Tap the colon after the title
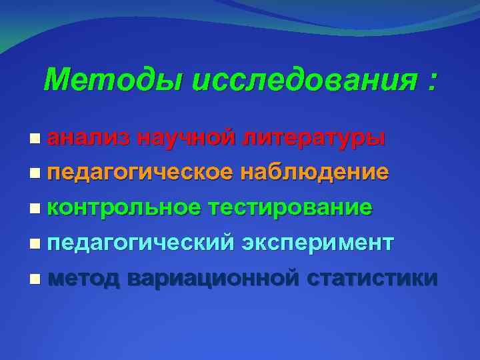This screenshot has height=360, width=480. coord(433,83)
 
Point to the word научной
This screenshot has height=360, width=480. coord(186,138)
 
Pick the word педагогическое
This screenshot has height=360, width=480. coord(140,173)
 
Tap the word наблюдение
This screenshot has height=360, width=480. coord(314,173)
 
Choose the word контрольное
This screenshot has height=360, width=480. coord(124,207)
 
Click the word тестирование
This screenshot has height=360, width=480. coord(290,207)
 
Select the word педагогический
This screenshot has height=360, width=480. coord(140,243)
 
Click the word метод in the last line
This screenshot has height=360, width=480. coord(83,277)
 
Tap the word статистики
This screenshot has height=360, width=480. coord(373,277)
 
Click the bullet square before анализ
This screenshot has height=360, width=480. coord(35,139)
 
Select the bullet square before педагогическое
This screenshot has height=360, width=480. coord(35,173)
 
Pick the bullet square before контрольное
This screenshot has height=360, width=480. coord(35,208)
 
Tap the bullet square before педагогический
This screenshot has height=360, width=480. coord(35,243)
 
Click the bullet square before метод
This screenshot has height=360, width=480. coord(35,277)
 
